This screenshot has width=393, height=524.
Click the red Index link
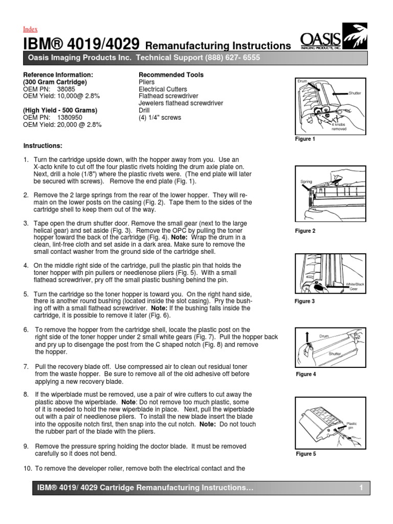[31, 29]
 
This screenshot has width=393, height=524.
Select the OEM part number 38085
[66, 89]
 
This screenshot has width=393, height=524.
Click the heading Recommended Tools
[171, 75]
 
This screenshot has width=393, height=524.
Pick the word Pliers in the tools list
[146, 82]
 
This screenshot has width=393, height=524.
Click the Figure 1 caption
[305, 139]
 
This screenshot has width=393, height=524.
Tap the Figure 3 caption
[305, 301]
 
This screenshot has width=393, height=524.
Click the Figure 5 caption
[305, 454]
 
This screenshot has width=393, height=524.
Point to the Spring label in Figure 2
[306, 181]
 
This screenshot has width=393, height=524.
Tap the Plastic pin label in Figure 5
[352, 426]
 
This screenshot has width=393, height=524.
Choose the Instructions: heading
[43, 146]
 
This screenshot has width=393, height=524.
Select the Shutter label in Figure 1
[355, 93]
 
